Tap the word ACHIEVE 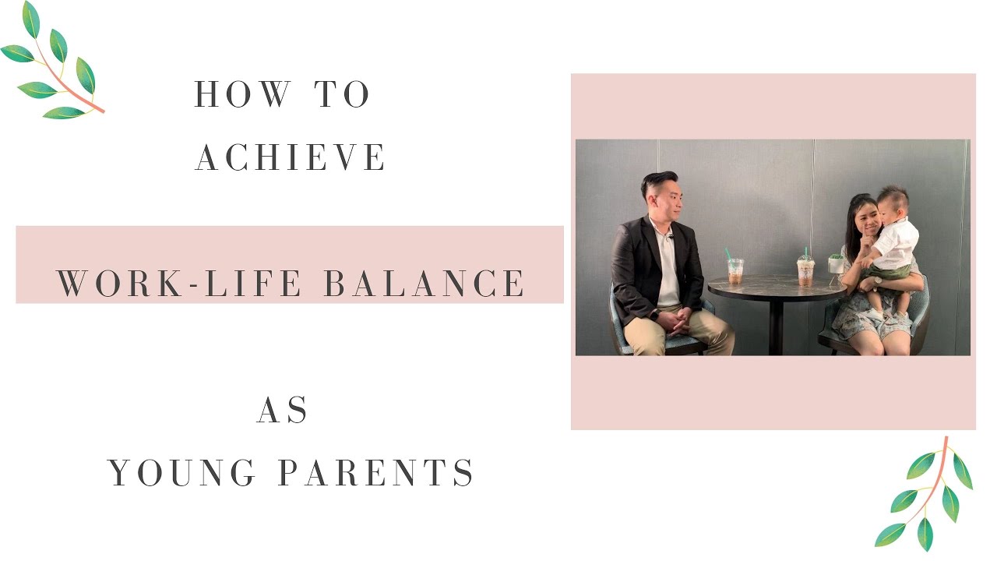point(291,158)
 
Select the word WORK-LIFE point(179,284)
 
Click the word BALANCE point(425,284)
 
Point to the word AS point(283,411)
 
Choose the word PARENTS point(376,473)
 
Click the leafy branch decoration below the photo point(927,494)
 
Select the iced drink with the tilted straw point(735,269)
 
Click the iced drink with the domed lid point(805,269)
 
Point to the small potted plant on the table point(836,263)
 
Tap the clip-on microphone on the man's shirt point(668,235)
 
